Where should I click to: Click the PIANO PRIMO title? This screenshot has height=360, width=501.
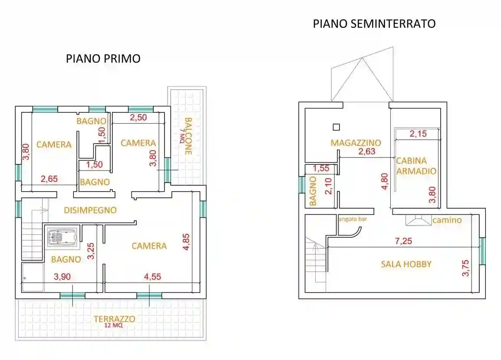coord(103,59)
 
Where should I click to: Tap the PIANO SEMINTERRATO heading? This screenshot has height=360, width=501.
coord(374,24)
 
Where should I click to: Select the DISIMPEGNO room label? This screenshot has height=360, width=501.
coord(90,210)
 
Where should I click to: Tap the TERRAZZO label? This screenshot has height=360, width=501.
coord(114,319)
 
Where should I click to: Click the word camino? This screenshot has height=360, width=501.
coord(447,220)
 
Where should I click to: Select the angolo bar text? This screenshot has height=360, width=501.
coord(353,219)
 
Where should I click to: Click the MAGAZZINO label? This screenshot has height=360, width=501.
coord(356,142)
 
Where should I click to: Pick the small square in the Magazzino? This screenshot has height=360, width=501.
coord(336,127)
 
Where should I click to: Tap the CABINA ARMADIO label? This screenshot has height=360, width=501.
coord(416,166)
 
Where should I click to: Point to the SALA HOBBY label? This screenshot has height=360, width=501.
coord(406,264)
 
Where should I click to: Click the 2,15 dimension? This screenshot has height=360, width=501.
coord(418,134)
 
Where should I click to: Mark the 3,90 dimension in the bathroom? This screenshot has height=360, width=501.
coord(63,276)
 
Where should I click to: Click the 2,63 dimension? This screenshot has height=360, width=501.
coord(366,151)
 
